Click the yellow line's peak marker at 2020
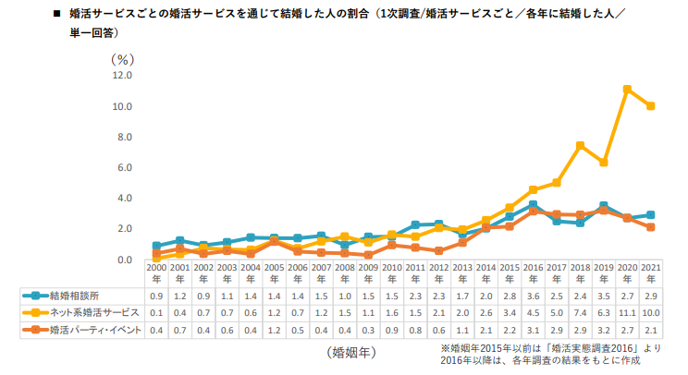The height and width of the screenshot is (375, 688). [627, 90]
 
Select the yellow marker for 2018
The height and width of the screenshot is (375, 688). [580, 146]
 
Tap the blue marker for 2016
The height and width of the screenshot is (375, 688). [533, 204]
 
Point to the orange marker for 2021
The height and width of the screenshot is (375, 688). [651, 226]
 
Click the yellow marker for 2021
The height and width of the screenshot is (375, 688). [651, 106]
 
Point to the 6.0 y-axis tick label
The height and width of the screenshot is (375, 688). [124, 168]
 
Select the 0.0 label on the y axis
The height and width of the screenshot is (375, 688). [124, 260]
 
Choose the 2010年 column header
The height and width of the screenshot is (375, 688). [391, 273]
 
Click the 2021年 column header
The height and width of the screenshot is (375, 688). [651, 273]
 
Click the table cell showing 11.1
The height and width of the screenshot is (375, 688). [627, 312]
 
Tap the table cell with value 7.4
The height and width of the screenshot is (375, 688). [580, 312]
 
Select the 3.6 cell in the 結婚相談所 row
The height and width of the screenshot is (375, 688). [533, 296]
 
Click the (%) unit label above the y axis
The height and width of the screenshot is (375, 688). [122, 57]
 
